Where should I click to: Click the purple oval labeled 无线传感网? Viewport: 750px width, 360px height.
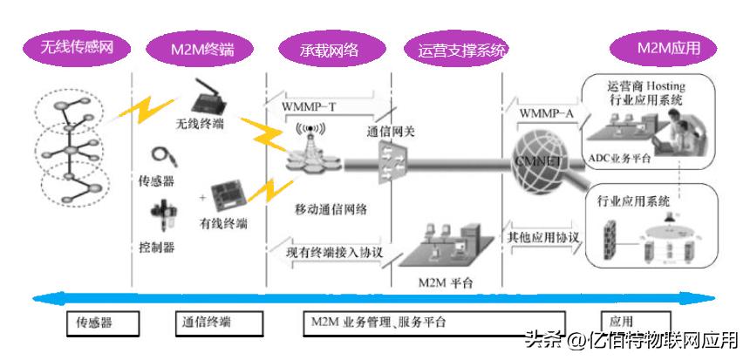[71, 47]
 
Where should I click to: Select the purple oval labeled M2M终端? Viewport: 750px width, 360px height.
[201, 48]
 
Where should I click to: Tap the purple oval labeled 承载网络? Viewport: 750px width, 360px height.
[331, 48]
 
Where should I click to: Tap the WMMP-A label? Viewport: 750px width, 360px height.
[547, 114]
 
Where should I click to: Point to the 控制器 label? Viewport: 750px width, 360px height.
[157, 247]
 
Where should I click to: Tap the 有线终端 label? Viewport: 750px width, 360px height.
[223, 223]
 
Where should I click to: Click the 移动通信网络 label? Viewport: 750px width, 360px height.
[331, 209]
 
